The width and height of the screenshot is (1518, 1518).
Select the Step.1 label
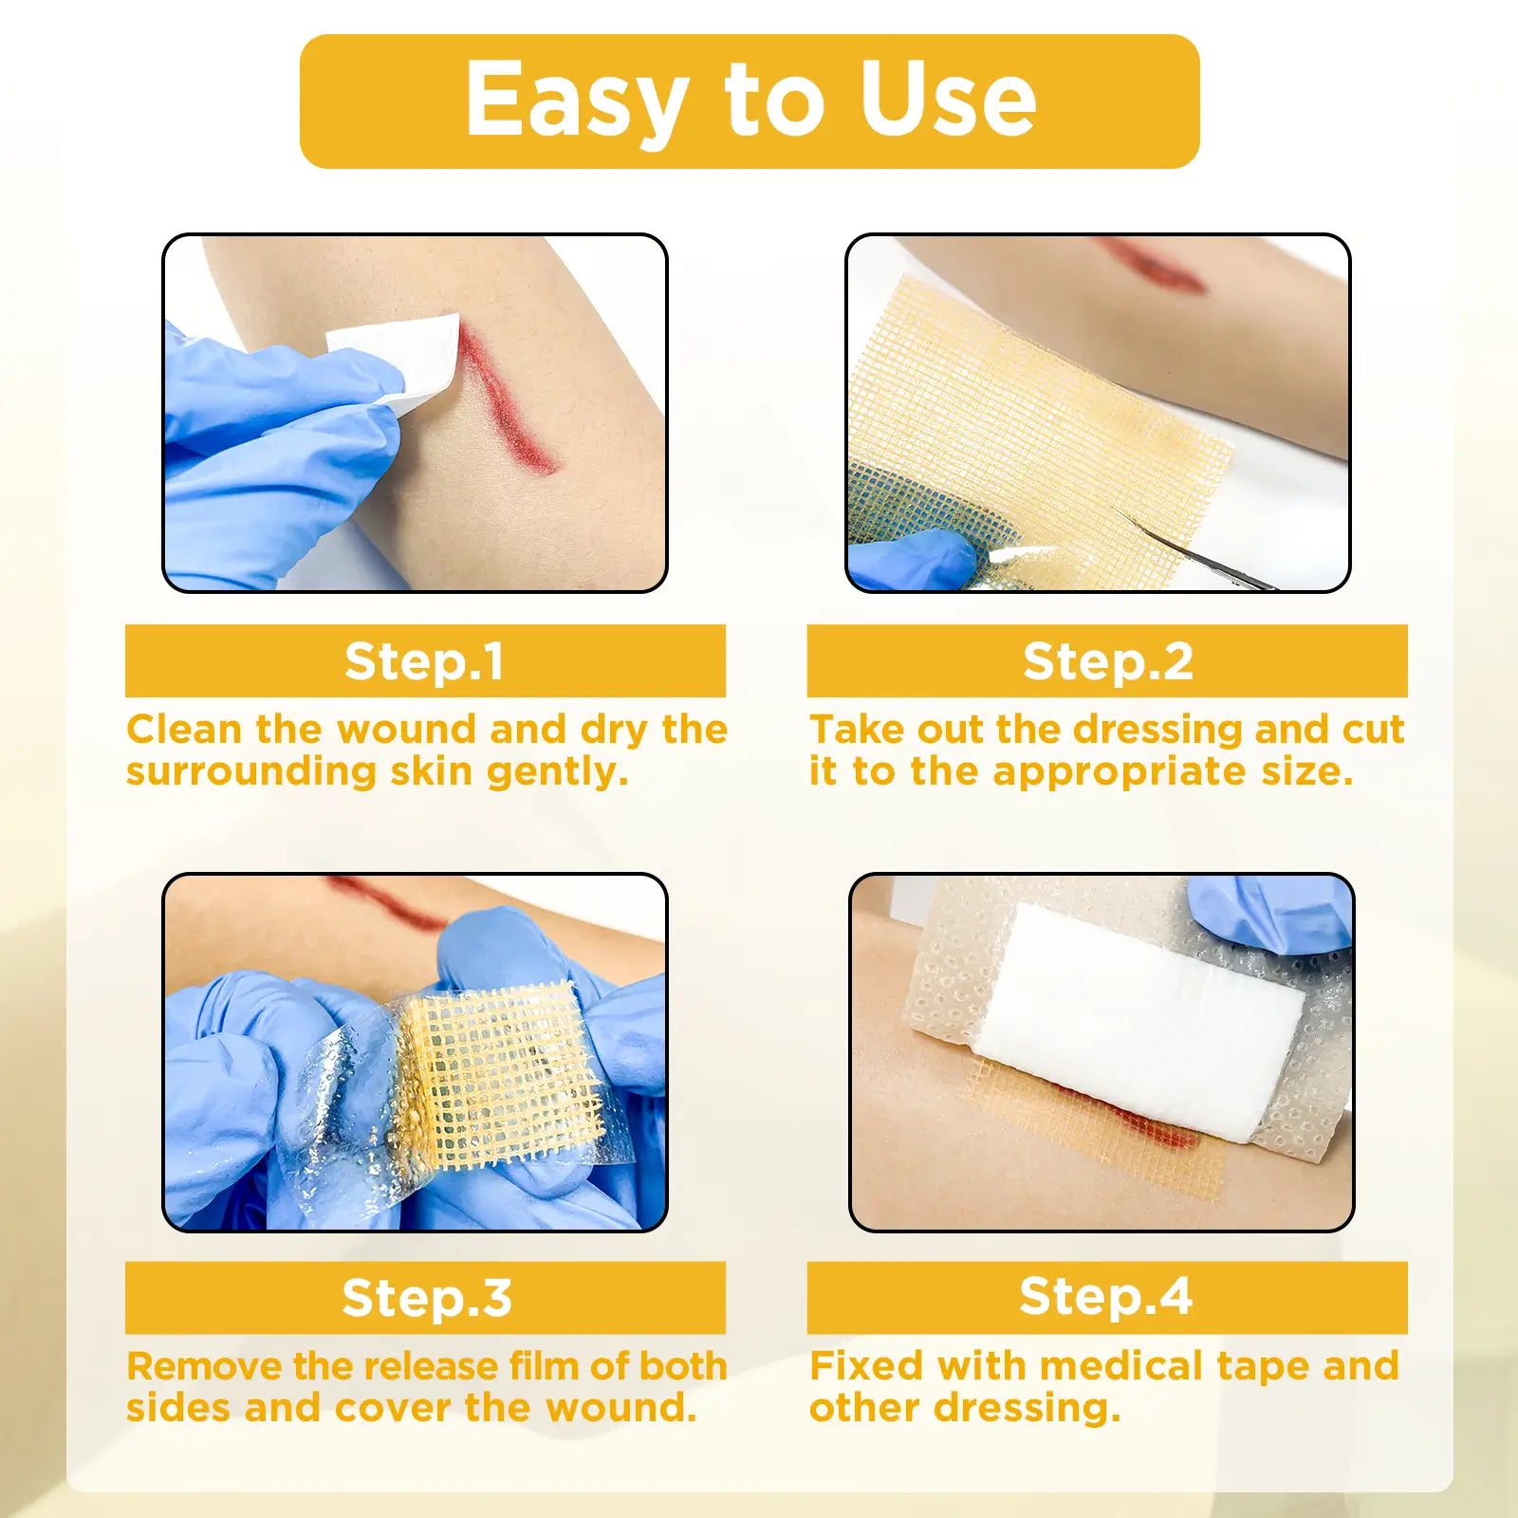coord(424,661)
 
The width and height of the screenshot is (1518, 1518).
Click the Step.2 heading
coord(1107,661)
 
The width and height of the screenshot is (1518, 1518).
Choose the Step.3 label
coord(426,1298)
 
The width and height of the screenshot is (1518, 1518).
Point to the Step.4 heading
coord(1105,1297)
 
